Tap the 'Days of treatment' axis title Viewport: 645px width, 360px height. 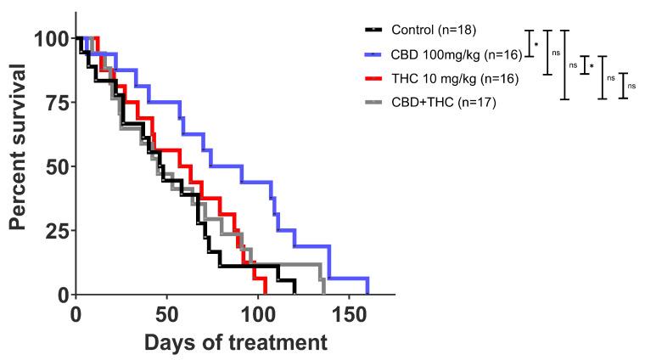click(x=235, y=343)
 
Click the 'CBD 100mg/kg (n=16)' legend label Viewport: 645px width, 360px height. click(x=450, y=54)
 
